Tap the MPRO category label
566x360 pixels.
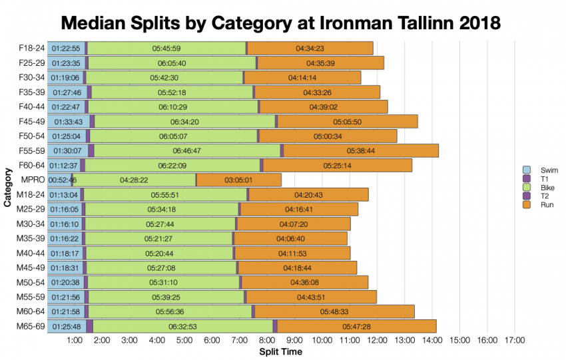coord(32,180)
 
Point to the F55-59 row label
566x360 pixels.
coord(31,150)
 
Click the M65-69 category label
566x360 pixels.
coord(31,326)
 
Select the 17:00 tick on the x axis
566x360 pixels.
coord(515,341)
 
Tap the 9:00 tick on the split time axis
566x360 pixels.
coord(295,341)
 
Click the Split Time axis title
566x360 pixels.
coord(280,351)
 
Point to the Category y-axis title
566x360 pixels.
coord(7,187)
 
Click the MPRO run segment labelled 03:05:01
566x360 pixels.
coord(238,180)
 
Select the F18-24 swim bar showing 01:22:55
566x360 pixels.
coord(66,48)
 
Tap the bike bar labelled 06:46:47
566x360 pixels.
coord(186,150)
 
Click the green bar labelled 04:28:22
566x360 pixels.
coord(134,180)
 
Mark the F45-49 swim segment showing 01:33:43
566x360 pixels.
coord(68,121)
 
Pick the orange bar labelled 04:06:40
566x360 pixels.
coord(290,238)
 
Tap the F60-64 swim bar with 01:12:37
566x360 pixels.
coord(64,165)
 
